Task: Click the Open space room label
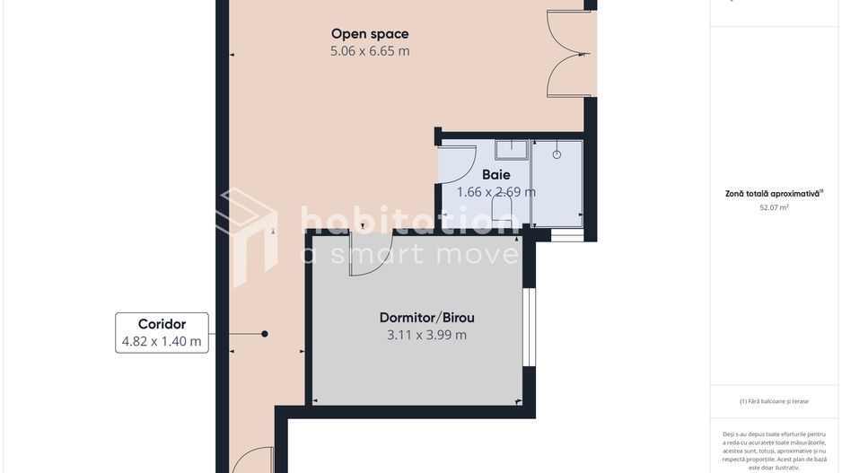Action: [x=370, y=34]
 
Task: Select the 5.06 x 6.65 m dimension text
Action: [x=370, y=51]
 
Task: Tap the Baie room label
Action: [x=496, y=174]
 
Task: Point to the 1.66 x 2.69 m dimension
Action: [x=496, y=192]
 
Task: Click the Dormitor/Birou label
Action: [x=427, y=318]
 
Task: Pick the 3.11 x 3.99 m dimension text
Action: [x=427, y=335]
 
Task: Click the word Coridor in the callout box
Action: [x=162, y=324]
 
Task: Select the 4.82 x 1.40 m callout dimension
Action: [x=162, y=341]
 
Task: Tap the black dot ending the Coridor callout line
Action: [x=265, y=334]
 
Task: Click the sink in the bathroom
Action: [x=512, y=150]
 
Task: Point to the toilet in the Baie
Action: [x=502, y=207]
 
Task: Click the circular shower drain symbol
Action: [x=557, y=154]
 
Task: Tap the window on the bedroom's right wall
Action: [x=530, y=327]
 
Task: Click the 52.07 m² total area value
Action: [x=774, y=207]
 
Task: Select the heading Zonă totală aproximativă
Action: [x=774, y=193]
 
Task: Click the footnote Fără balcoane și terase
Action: [x=774, y=401]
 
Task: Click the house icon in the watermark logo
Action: [x=247, y=236]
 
